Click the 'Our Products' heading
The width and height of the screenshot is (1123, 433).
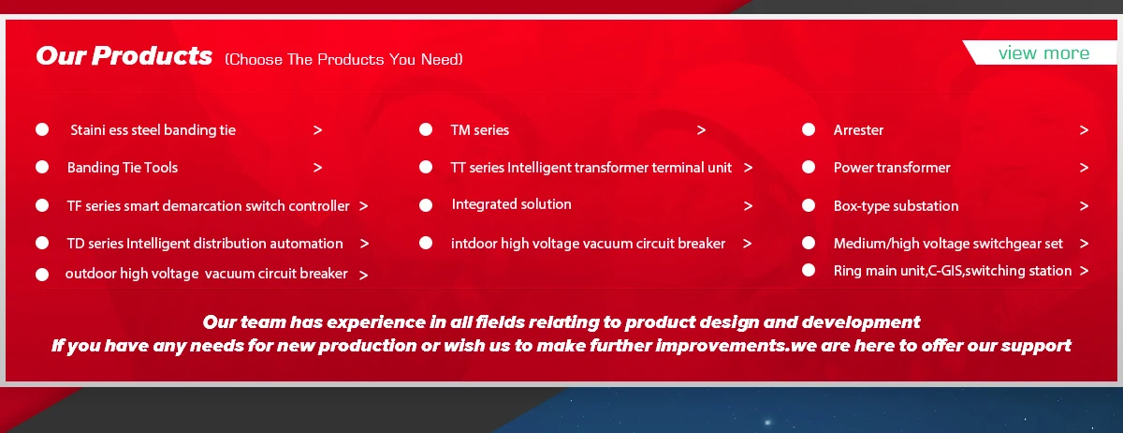(x=124, y=55)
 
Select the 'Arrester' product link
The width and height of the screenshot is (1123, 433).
(x=858, y=130)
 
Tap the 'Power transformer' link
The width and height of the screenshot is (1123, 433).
(x=892, y=168)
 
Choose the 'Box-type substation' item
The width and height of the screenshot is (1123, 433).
(x=896, y=206)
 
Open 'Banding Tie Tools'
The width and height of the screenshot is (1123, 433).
(x=123, y=168)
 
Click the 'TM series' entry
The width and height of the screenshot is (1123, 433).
(x=480, y=130)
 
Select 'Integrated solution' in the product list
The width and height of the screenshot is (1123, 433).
(x=511, y=204)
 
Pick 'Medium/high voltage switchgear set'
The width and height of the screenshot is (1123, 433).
(x=948, y=244)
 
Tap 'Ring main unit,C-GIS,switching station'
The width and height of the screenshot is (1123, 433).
(x=953, y=271)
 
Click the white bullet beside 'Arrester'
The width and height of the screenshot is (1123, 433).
(x=809, y=129)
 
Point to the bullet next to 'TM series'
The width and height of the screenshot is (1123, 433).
(x=426, y=129)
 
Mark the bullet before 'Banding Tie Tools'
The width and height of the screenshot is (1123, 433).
(x=42, y=167)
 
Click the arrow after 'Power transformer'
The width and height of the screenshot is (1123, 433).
(x=1084, y=168)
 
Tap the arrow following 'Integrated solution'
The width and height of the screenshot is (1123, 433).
(x=748, y=206)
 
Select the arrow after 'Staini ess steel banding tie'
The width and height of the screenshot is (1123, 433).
(x=317, y=130)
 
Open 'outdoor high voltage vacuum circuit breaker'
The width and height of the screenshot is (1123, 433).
(x=206, y=274)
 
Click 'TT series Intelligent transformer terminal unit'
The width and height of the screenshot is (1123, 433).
(x=591, y=168)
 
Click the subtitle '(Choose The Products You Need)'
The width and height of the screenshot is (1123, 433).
(x=344, y=59)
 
